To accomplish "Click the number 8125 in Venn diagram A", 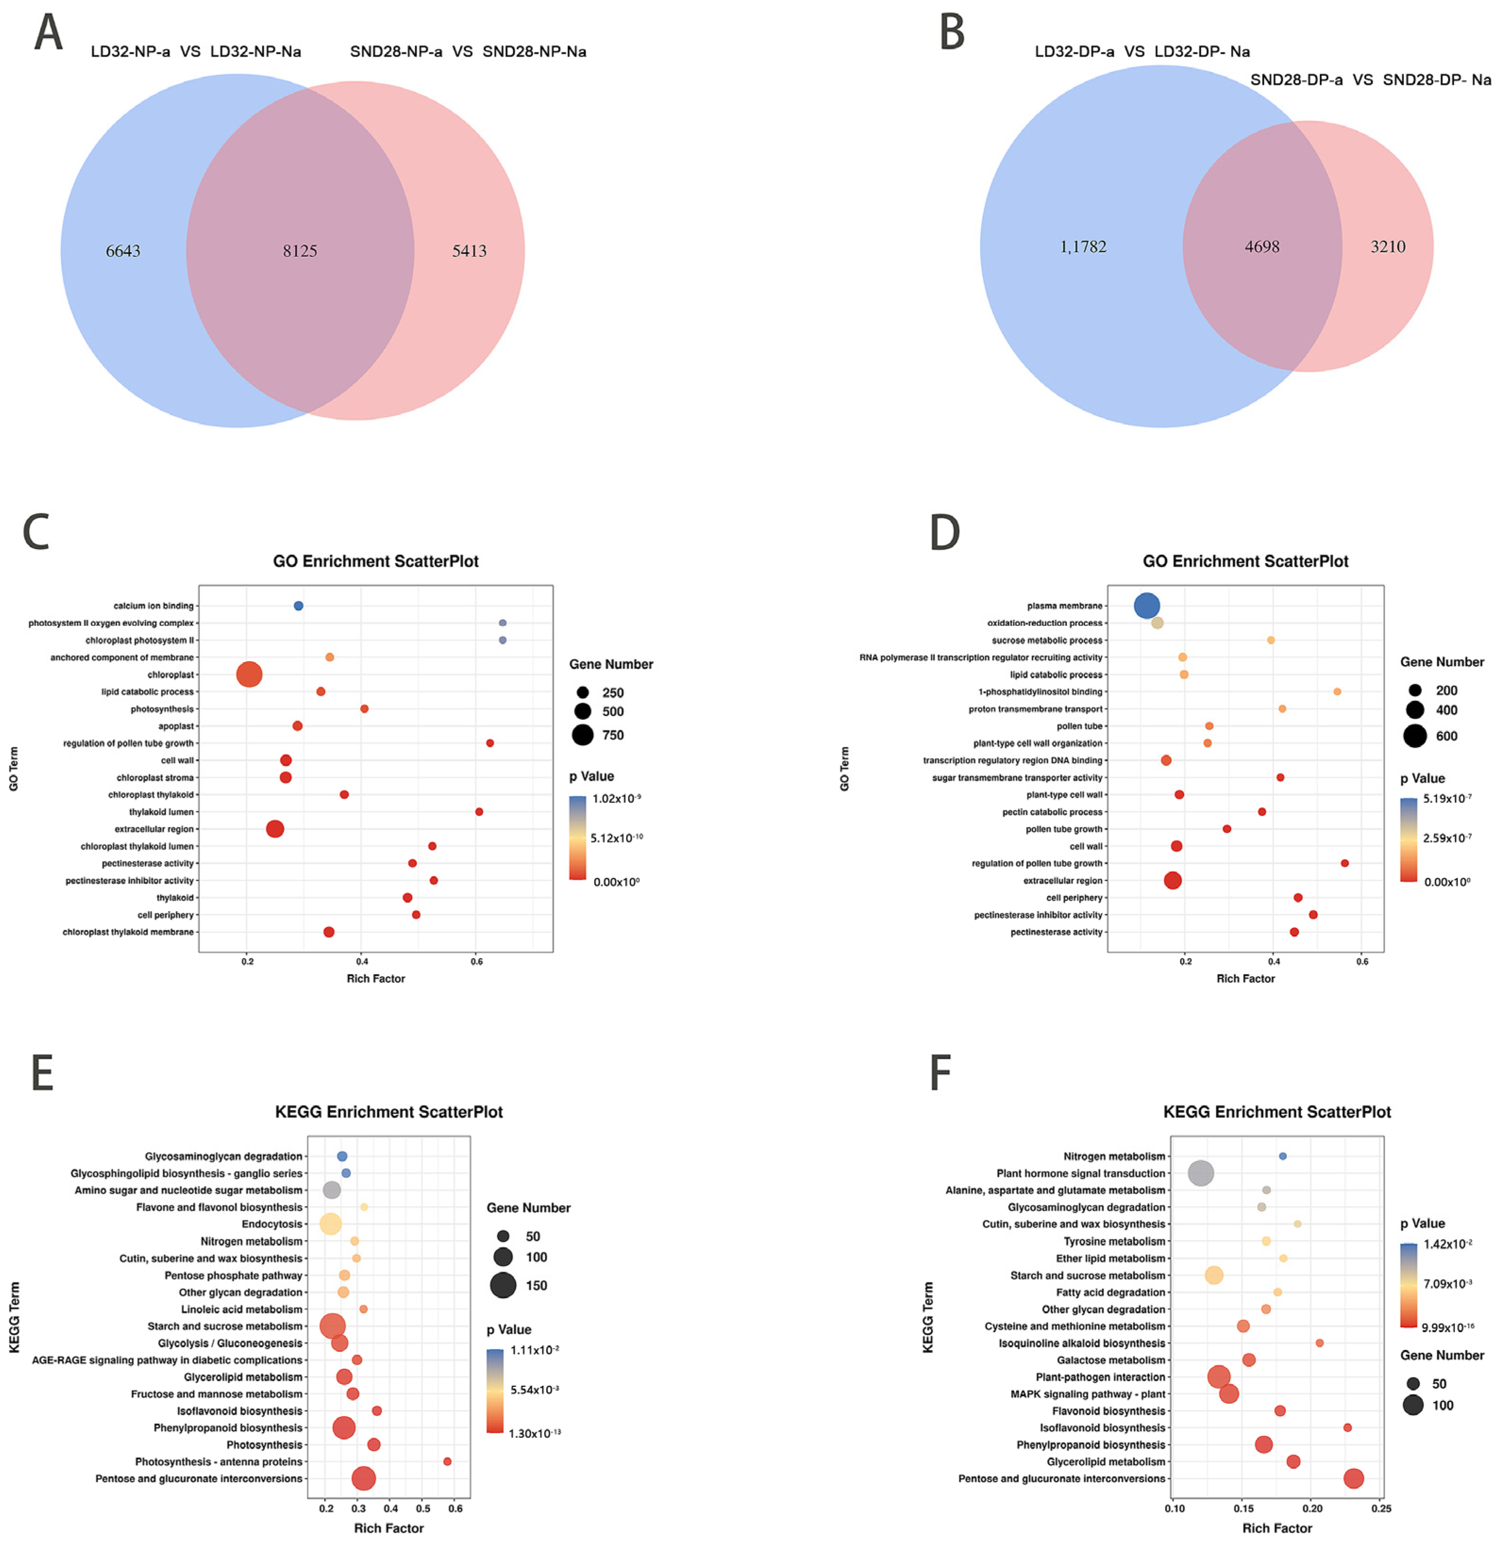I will [300, 251].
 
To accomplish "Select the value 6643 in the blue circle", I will [123, 251].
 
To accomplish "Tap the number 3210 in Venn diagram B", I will [1387, 247].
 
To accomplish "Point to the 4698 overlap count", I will [1261, 247].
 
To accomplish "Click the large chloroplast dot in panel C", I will [249, 674].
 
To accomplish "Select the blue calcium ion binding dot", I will [298, 606].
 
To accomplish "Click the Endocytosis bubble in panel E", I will [331, 1224].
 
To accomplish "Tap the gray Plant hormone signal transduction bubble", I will [1200, 1173].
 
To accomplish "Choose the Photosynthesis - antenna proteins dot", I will [447, 1461].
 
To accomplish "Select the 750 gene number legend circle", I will [583, 735].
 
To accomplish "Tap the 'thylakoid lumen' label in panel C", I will [161, 811].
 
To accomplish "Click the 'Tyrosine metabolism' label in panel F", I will [1114, 1241].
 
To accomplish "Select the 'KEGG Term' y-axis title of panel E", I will [14, 1317].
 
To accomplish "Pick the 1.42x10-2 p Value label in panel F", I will [1447, 1244].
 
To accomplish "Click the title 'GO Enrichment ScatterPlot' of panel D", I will [1246, 561].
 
